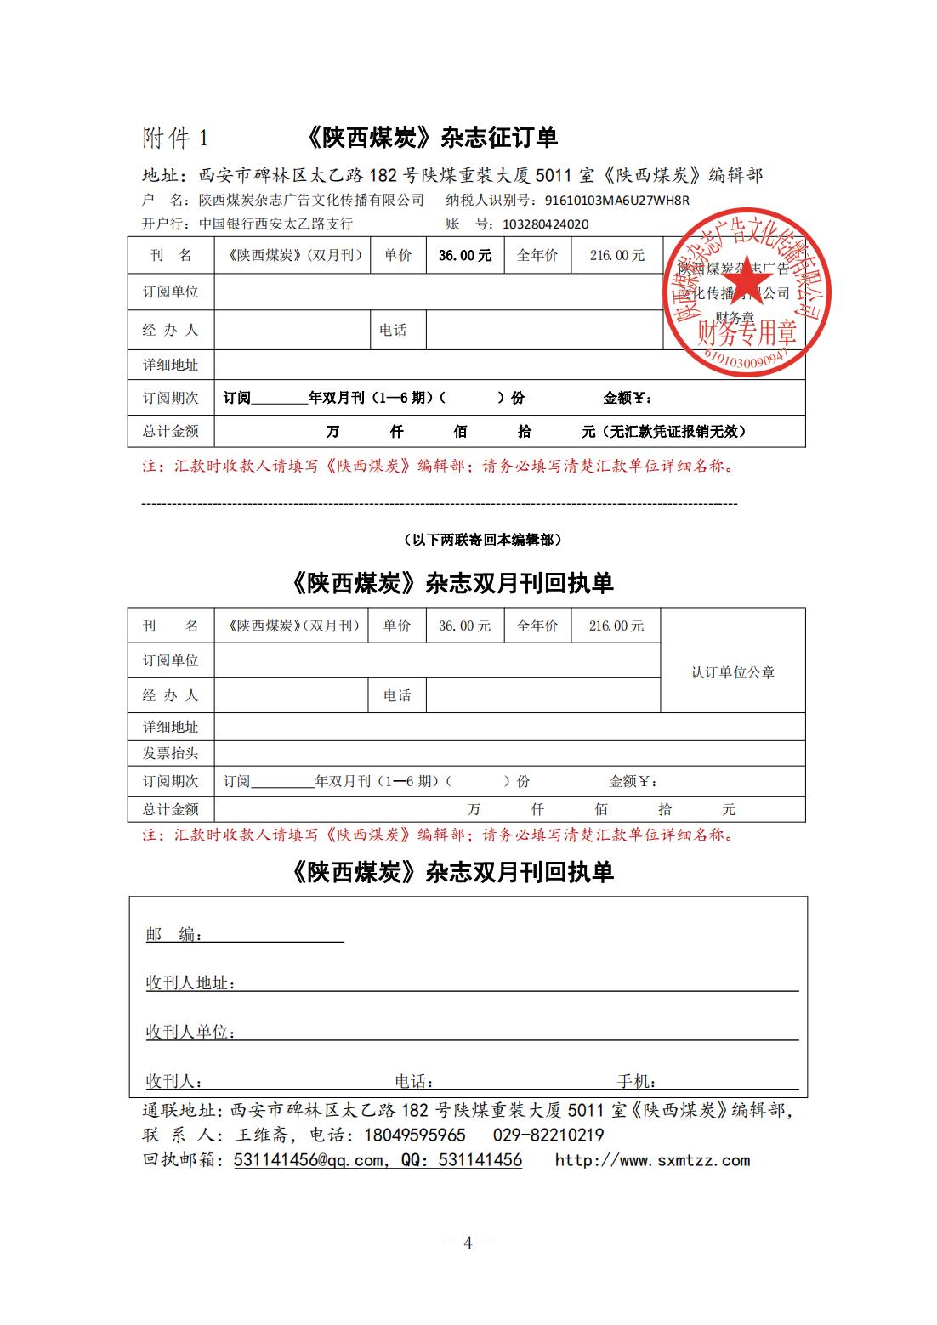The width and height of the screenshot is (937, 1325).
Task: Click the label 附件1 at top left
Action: (x=175, y=138)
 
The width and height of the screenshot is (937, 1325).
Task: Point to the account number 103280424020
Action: (x=546, y=224)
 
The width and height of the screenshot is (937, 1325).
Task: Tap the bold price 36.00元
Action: (x=465, y=255)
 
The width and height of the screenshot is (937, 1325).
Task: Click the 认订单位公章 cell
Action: (x=732, y=672)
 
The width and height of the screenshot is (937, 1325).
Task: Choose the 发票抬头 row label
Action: (x=170, y=753)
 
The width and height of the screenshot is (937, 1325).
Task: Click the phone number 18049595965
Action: (x=415, y=1135)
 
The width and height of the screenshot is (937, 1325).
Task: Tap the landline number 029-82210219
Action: (x=548, y=1135)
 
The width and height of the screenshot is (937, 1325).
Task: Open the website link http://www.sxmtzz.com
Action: (x=652, y=1160)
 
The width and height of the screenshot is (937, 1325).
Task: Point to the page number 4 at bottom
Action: (x=468, y=1243)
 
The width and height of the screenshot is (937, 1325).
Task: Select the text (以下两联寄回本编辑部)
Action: (x=481, y=540)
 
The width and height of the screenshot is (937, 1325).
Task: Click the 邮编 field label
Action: (x=173, y=935)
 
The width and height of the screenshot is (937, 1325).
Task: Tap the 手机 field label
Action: (x=635, y=1082)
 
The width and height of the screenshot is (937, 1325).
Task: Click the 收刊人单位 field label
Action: (x=189, y=1032)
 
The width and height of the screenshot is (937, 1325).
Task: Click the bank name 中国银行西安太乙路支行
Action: (x=275, y=224)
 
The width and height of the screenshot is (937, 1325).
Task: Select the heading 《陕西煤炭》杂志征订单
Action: (x=430, y=138)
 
